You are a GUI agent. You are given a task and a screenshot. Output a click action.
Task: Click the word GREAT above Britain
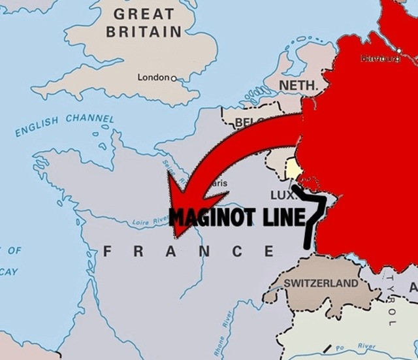(x=144, y=14)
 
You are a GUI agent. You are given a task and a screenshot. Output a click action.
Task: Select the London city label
(x=153, y=78)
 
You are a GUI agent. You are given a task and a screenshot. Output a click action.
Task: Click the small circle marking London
(x=173, y=78)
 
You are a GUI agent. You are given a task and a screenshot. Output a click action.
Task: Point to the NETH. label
(x=298, y=86)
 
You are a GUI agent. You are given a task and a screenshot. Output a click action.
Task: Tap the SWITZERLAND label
(x=321, y=284)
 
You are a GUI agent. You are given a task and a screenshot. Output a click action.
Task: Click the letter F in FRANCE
(x=108, y=251)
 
